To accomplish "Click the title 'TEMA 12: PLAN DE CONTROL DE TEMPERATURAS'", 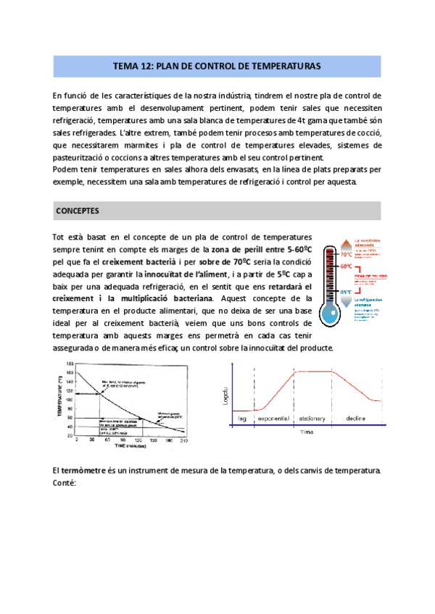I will point(217,66).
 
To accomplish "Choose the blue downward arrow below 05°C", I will point(347,302).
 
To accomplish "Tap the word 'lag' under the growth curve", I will point(242,419).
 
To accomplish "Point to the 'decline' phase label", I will point(356,419).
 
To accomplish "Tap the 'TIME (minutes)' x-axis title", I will point(110,446).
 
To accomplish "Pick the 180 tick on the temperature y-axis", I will point(70,364).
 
